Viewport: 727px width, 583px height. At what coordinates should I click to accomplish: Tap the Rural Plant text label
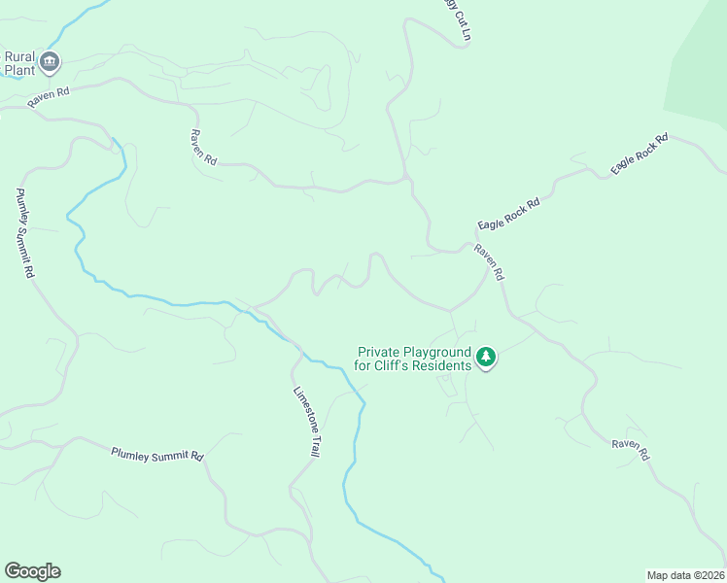tap(19, 63)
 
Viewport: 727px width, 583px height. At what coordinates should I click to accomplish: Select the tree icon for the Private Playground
tap(487, 359)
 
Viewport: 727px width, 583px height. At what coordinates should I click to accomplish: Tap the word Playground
tap(439, 352)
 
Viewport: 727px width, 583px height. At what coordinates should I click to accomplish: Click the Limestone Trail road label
tap(307, 422)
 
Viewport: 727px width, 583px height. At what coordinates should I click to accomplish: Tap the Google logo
tap(32, 571)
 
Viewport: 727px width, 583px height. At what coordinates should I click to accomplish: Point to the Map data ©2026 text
tap(685, 574)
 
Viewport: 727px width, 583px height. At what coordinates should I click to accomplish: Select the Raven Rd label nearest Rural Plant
tap(50, 95)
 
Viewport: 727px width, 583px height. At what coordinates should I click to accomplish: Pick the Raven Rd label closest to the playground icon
tap(489, 260)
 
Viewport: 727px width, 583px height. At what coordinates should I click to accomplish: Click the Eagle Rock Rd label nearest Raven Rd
tap(508, 212)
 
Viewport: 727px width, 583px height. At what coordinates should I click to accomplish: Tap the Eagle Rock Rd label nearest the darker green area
tap(640, 154)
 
